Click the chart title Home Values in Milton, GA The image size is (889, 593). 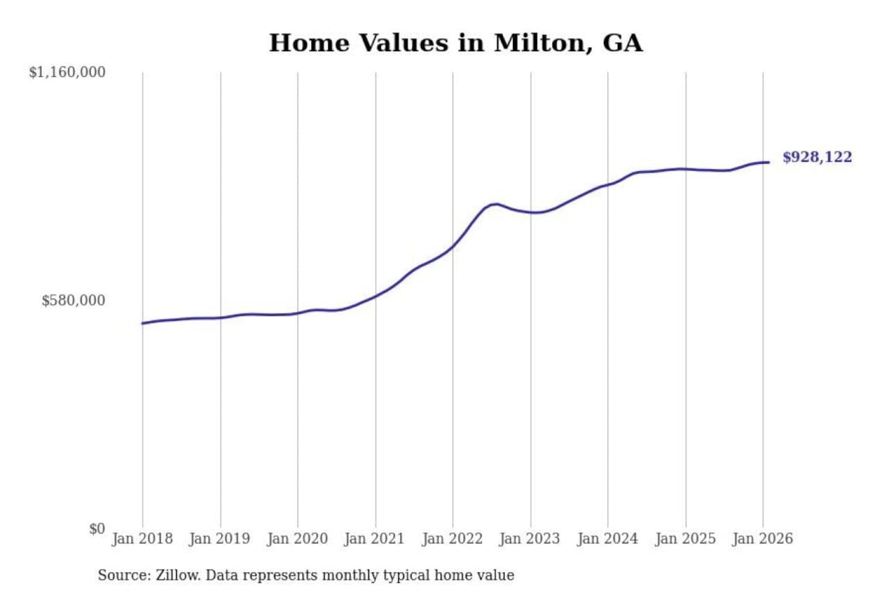(x=456, y=43)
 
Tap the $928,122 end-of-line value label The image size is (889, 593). (x=817, y=157)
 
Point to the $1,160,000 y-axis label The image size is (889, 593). (x=67, y=72)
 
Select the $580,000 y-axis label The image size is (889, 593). (x=73, y=301)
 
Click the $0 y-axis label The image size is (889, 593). (x=97, y=529)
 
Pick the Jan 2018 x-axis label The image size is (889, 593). (x=142, y=539)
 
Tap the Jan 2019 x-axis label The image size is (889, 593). (x=220, y=539)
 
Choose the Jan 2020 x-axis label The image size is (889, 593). (x=297, y=539)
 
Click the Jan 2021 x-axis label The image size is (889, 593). (x=374, y=539)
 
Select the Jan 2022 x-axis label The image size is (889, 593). (x=452, y=539)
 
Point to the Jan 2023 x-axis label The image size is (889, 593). (x=529, y=539)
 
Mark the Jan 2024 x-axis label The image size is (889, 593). (x=607, y=539)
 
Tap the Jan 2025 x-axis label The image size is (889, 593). (x=685, y=539)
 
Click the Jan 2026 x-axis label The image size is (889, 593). (x=762, y=539)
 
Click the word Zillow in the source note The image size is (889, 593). (x=177, y=576)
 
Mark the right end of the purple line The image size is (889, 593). (x=769, y=162)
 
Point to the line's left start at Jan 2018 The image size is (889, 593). (x=143, y=323)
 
